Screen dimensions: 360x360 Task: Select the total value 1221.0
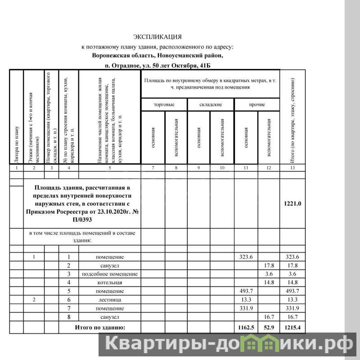(292, 204)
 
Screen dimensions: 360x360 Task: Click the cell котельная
(110, 283)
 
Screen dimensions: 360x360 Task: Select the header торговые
(164, 104)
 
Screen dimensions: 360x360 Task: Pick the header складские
(210, 104)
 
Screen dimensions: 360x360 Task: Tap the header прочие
(257, 104)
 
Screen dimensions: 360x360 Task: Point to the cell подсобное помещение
(110, 274)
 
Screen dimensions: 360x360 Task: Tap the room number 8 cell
(69, 317)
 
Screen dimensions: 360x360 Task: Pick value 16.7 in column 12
(268, 317)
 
